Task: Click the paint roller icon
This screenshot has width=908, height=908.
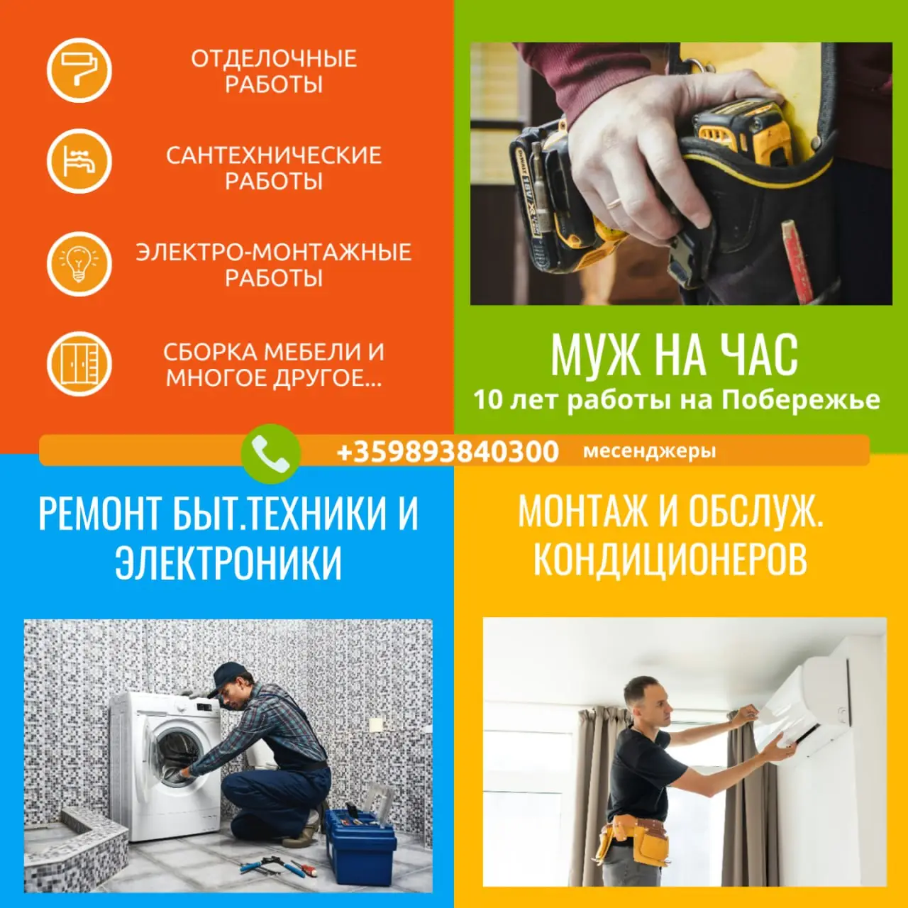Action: [79, 70]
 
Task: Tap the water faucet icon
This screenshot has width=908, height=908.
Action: [79, 161]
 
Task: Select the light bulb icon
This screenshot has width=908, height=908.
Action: [79, 264]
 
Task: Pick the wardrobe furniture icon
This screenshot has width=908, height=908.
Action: [79, 364]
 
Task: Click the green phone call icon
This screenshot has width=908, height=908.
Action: [270, 453]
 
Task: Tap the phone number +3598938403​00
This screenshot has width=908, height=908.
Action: [448, 451]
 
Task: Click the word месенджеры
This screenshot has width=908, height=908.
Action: [649, 451]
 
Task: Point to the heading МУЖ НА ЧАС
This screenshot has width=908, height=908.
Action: [675, 355]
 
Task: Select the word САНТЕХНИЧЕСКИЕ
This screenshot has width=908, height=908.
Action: [274, 155]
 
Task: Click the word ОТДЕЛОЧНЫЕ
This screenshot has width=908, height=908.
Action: [274, 59]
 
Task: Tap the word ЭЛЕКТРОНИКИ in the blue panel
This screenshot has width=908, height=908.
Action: [228, 563]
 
